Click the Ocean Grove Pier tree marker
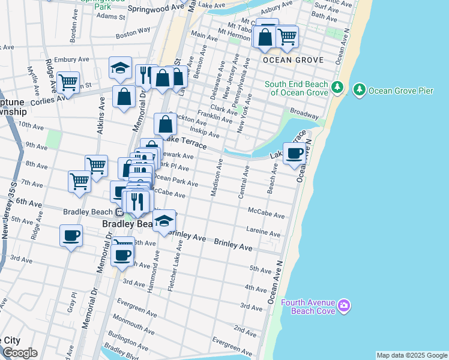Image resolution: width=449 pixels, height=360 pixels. (x=360, y=90)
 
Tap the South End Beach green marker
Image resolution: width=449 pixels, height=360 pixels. (x=337, y=88)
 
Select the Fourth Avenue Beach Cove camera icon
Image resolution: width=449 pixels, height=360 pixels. (x=343, y=306)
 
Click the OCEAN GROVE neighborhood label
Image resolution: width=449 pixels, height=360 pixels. (x=293, y=60)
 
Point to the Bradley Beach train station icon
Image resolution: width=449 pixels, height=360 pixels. (x=119, y=212)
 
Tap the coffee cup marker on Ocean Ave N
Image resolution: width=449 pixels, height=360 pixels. (x=294, y=154)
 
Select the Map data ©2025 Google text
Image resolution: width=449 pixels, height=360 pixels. (x=412, y=355)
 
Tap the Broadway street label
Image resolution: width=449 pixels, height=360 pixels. (x=304, y=113)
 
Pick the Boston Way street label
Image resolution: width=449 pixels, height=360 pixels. (x=133, y=32)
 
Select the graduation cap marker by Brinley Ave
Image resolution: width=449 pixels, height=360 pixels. (x=164, y=221)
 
